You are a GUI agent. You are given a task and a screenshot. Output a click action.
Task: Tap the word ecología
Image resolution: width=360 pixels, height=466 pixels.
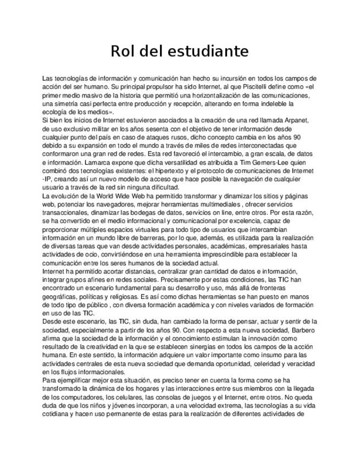[x=56, y=112]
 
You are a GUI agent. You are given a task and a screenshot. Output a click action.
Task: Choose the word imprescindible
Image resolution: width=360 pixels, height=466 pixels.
[x=213, y=254]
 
